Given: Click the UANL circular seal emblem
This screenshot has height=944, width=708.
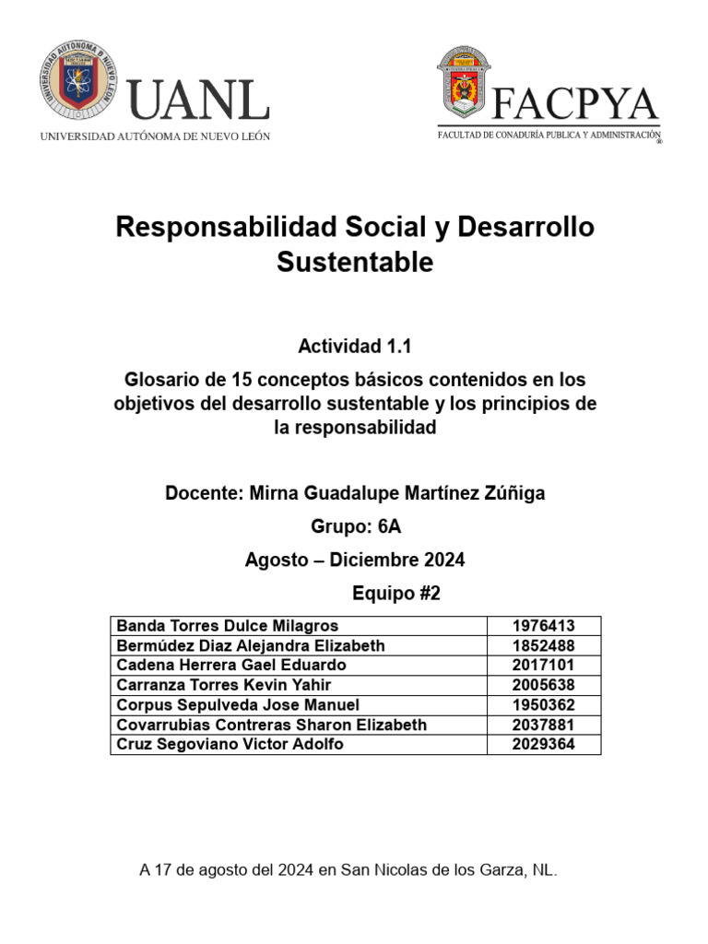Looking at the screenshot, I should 78,85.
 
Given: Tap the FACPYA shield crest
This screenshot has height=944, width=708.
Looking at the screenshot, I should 463,85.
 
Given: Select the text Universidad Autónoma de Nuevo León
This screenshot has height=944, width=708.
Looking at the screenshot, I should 155,136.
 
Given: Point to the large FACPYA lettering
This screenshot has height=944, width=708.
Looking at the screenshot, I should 575,104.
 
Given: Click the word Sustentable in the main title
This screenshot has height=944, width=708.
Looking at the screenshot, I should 355,263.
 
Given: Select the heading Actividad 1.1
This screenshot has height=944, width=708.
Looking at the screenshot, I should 354,347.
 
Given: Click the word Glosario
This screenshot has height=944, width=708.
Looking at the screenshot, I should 162,379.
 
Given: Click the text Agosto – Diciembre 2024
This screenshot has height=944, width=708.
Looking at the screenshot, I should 355,560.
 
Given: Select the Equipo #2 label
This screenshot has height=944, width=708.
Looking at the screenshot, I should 396,594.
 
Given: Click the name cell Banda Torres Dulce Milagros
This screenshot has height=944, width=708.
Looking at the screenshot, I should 228,626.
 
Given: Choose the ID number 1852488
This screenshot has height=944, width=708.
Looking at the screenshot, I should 543,645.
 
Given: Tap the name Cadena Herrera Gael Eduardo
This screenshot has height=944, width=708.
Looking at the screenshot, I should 231,665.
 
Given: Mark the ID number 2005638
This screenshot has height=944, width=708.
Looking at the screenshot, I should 543,685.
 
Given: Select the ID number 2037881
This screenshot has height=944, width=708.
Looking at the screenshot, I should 543,725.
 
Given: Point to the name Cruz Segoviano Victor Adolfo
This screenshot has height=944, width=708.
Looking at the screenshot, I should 230,744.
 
